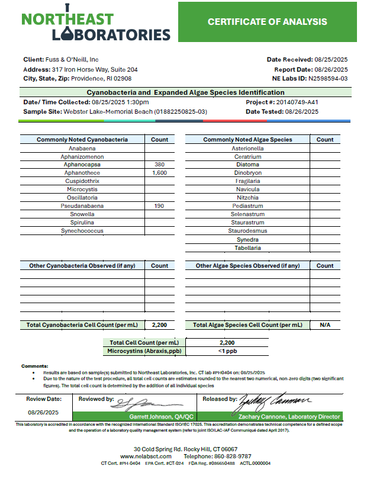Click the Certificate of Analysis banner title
[x=267, y=22]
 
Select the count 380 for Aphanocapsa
[x=159, y=165]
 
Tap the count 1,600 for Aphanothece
[x=159, y=173]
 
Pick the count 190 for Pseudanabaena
[x=159, y=206]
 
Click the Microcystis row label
[x=82, y=189]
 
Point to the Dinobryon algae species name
[x=247, y=173]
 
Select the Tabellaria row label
[x=247, y=248]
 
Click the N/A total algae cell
[x=324, y=325]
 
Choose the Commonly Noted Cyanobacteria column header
[x=82, y=140]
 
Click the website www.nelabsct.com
[x=146, y=457]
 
